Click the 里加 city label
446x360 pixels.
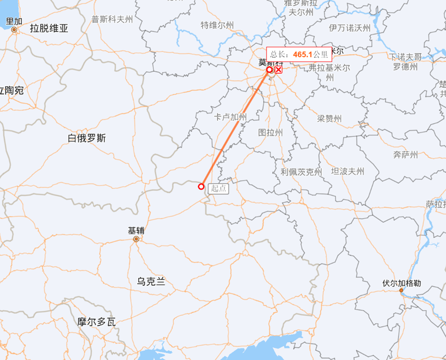coord(14,21)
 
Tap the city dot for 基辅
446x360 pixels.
coord(136,239)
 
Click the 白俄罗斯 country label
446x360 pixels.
coord(87,138)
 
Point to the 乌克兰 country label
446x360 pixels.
coord(151,281)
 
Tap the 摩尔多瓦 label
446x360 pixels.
coord(96,322)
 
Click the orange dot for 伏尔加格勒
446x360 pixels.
coord(401,291)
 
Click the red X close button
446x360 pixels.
coord(278,70)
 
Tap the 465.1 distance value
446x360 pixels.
coord(303,54)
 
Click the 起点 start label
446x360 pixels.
coord(219,189)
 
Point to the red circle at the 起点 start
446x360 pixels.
coord(202,187)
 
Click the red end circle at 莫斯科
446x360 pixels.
coord(269,70)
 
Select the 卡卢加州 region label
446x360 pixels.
coord(230,117)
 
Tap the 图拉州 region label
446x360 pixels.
coord(271,133)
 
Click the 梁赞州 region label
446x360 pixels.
coord(329,119)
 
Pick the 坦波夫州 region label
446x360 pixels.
coord(348,172)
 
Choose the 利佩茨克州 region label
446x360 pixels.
coord(302,172)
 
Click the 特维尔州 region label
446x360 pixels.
coord(217,25)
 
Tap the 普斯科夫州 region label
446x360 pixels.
coord(112,20)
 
